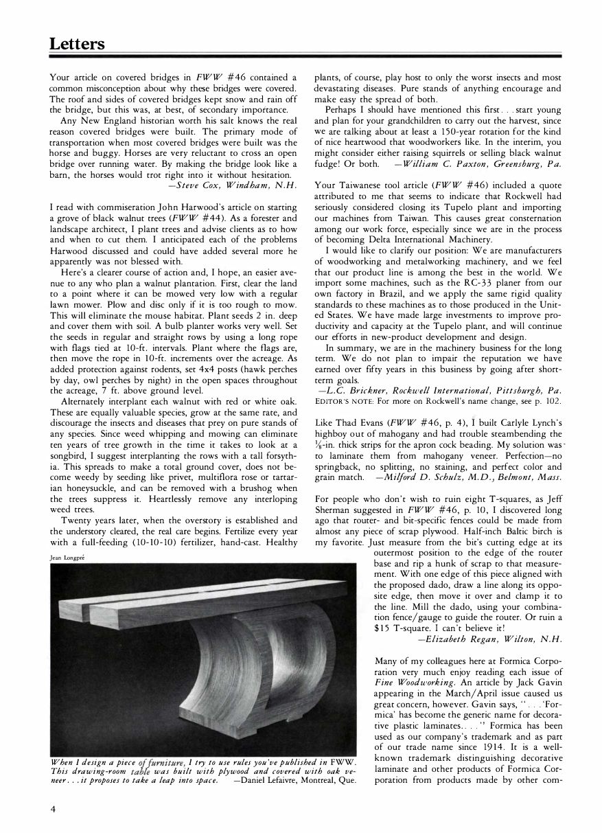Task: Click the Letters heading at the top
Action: (77, 44)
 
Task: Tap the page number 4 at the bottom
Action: (52, 809)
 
